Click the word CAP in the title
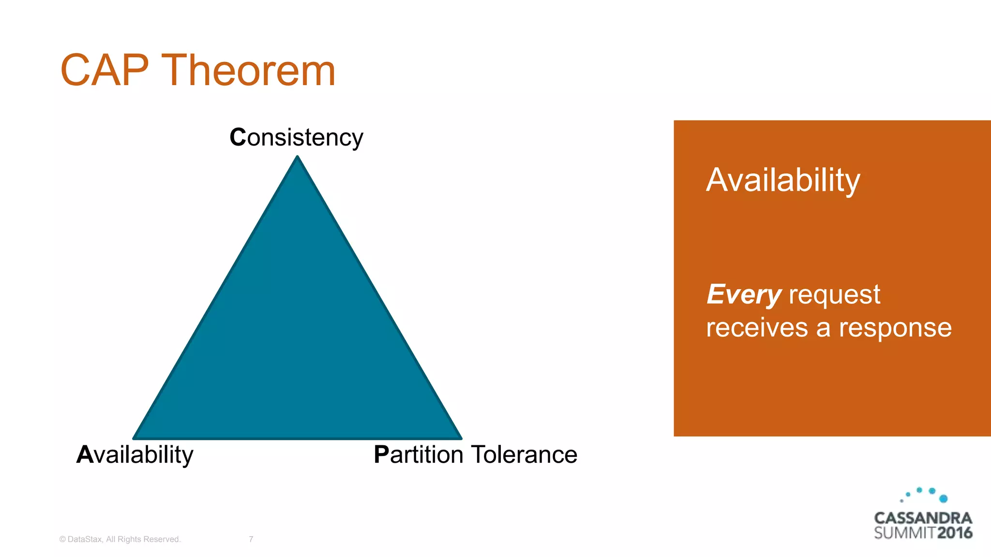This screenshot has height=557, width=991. (104, 71)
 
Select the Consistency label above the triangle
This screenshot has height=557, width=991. (296, 137)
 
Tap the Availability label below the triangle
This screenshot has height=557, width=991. (135, 454)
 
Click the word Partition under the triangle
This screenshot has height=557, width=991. (419, 454)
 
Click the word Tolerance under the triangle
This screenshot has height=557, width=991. (524, 454)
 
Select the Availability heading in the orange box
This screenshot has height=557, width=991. (783, 180)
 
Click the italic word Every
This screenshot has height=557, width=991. (744, 294)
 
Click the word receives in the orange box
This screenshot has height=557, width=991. (757, 327)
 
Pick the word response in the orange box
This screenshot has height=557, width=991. (895, 328)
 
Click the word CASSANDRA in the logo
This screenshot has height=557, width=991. (923, 518)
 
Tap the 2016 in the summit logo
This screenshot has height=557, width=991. (955, 533)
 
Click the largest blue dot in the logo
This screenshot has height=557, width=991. (943, 498)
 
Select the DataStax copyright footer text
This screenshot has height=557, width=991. (120, 539)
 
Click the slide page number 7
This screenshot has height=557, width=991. (251, 539)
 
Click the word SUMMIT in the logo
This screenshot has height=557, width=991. (904, 533)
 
